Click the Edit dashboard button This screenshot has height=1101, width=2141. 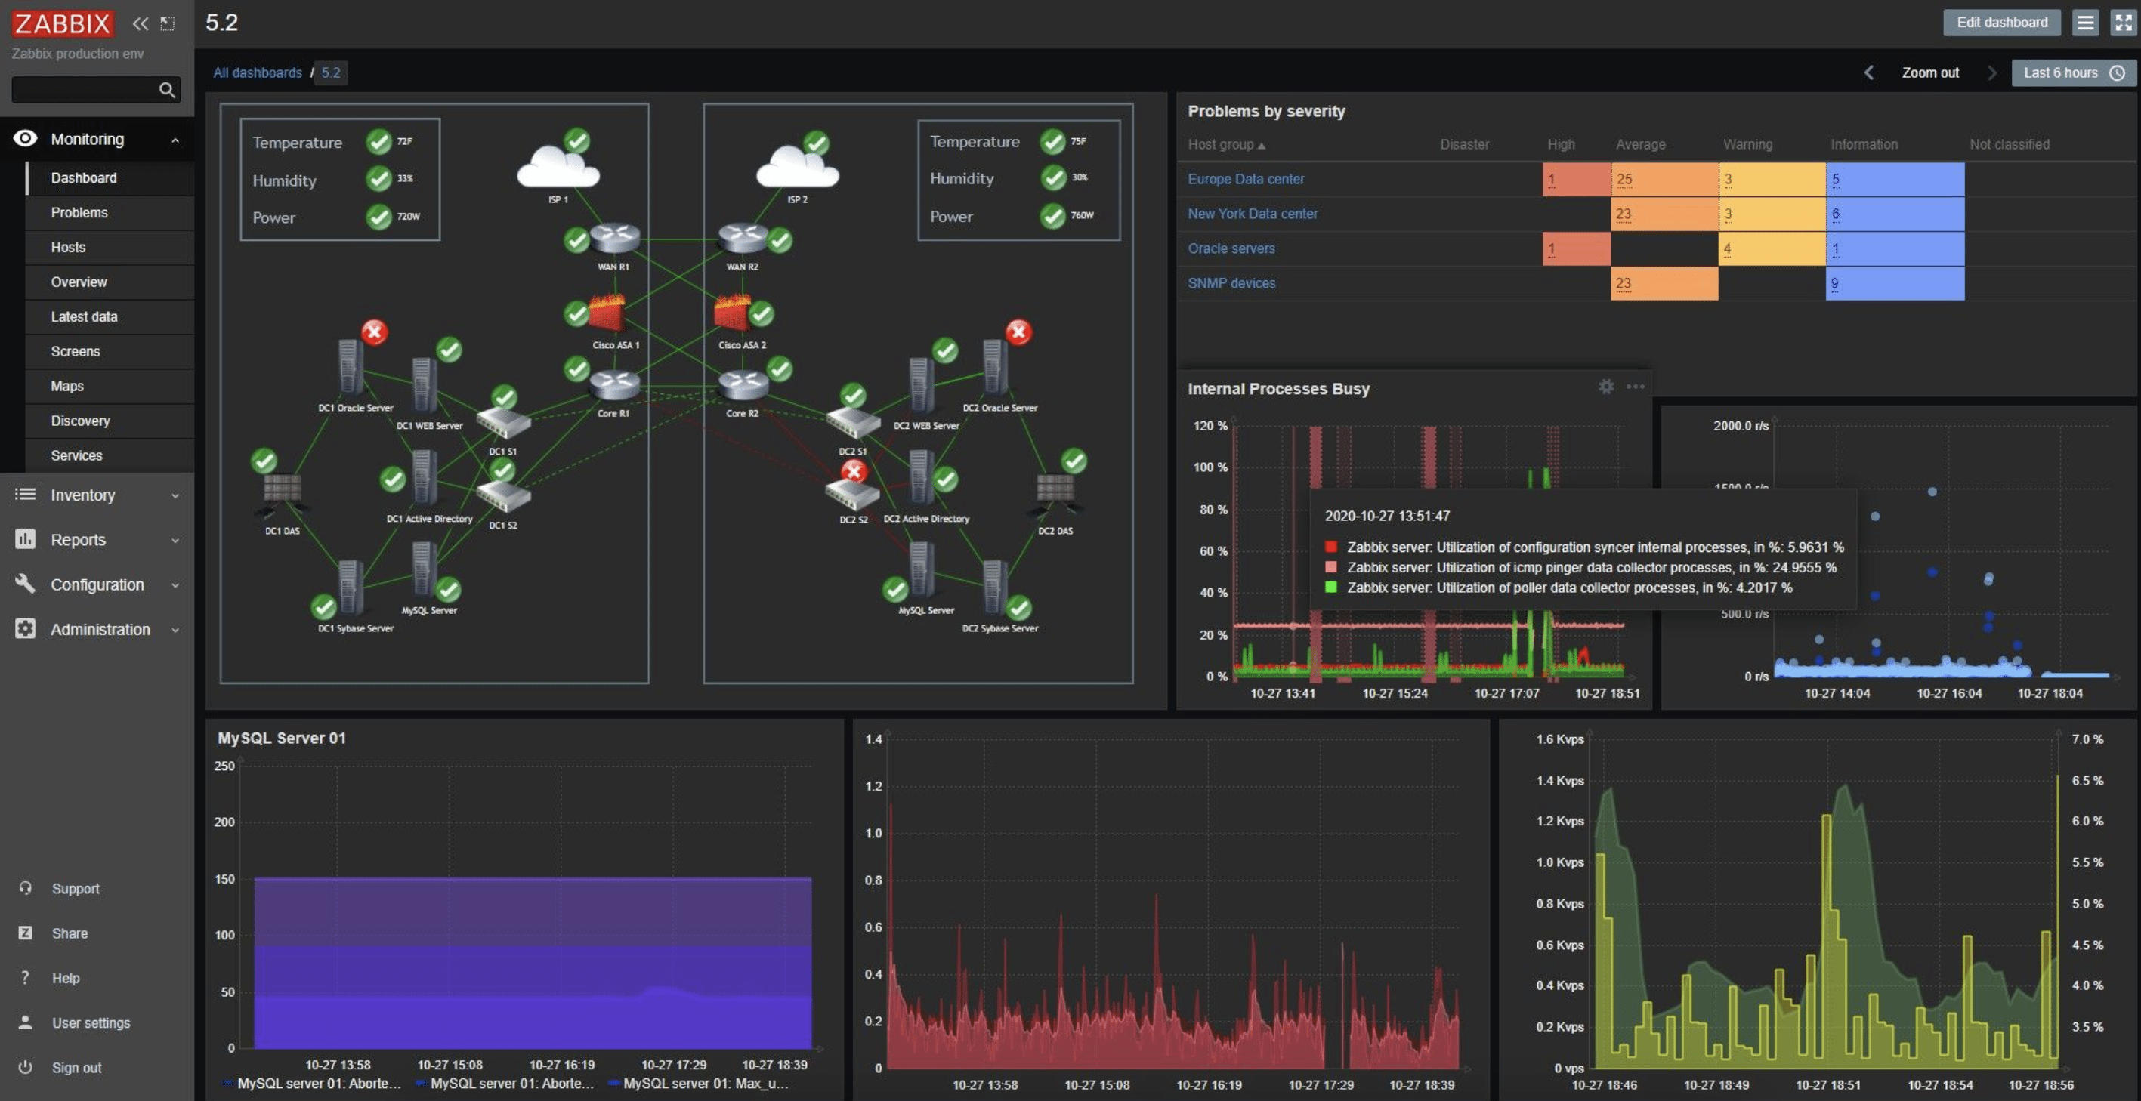2001,23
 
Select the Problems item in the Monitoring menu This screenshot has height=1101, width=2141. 79,213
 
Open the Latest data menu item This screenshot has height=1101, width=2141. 84,316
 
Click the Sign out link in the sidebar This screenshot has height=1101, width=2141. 76,1068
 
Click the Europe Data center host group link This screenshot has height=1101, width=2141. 1245,180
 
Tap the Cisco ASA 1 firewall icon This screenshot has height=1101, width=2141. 607,314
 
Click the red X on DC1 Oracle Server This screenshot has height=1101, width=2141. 374,332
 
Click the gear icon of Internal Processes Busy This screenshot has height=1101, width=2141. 1606,387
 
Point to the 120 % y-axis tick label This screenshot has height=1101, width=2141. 1210,426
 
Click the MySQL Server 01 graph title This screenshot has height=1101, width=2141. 282,738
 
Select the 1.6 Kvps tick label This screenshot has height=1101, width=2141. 1559,739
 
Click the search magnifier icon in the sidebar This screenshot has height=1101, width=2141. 167,90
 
